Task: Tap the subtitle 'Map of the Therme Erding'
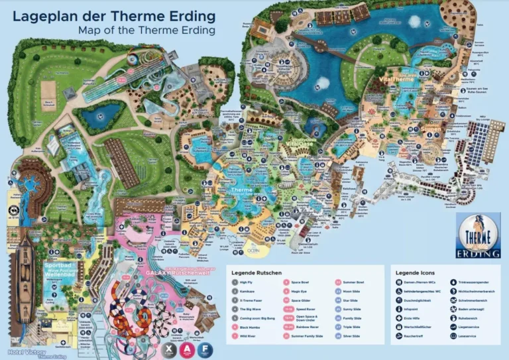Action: (x=146, y=30)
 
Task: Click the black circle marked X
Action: (x=171, y=348)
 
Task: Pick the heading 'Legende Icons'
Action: (x=416, y=272)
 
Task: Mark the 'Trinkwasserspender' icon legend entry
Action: (x=473, y=282)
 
